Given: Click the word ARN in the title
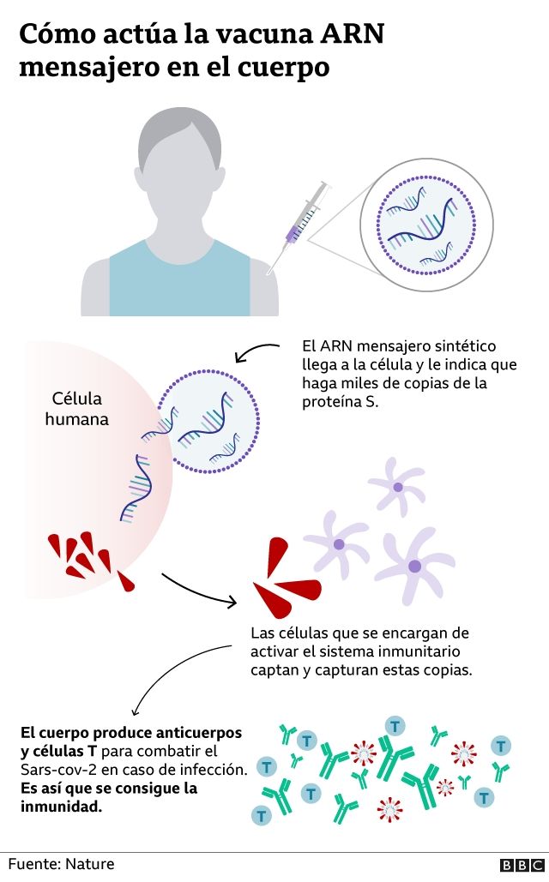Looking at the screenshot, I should (x=351, y=34).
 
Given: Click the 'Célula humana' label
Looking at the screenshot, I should (x=77, y=409).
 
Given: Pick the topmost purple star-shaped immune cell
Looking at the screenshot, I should (x=397, y=485).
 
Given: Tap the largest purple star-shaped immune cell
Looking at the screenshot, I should (x=415, y=564).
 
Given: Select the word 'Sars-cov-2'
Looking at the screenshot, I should (x=55, y=770).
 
